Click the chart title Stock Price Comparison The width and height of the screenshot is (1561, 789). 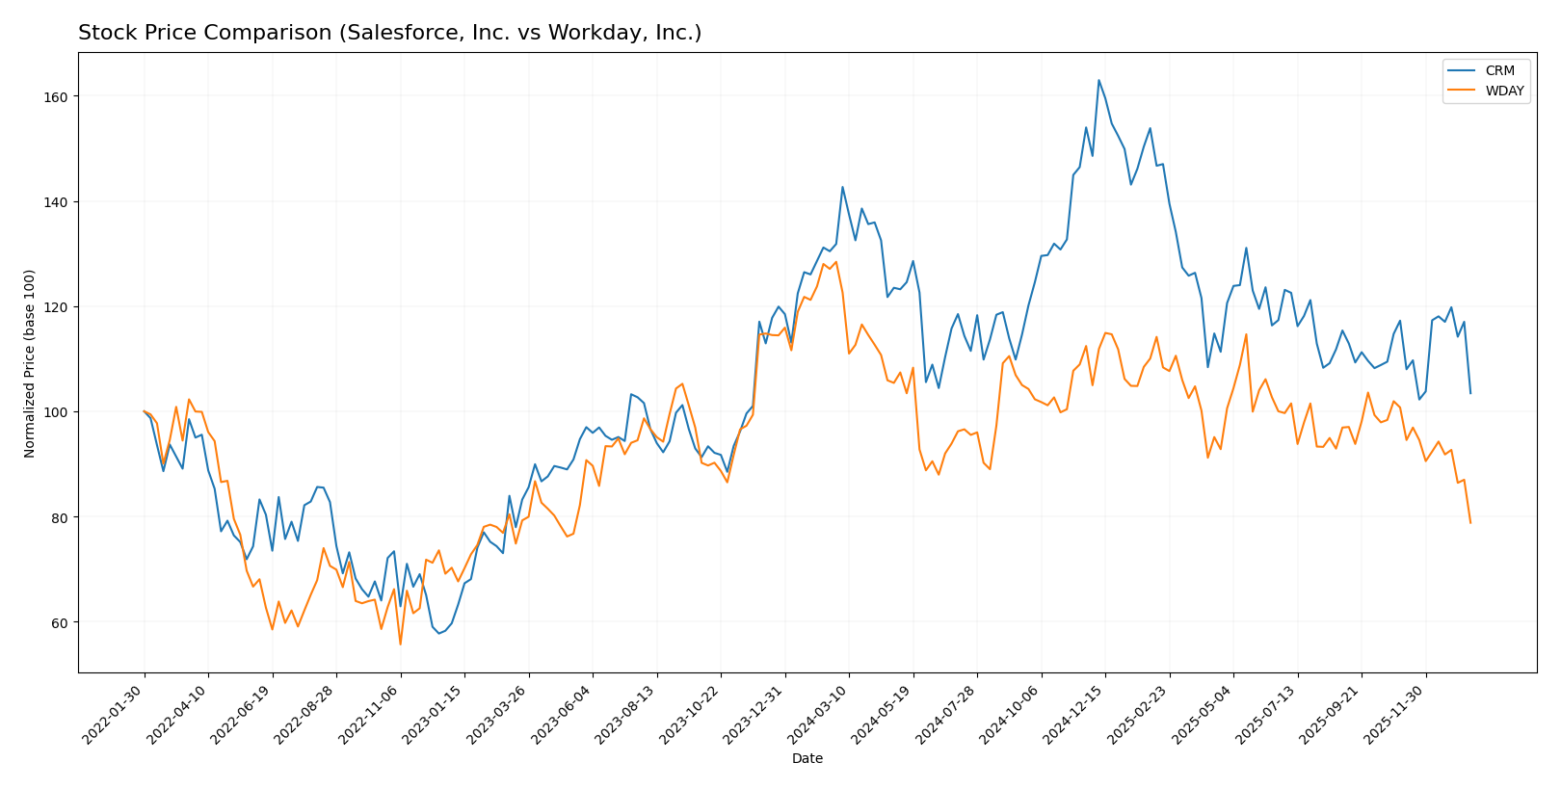click(389, 34)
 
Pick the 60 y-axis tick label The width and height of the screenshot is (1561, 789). click(60, 622)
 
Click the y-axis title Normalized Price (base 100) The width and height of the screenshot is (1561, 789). click(30, 364)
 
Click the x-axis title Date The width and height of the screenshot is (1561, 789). click(807, 759)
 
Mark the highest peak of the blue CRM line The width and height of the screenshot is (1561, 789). click(1098, 80)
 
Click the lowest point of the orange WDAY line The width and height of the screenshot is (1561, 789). click(400, 644)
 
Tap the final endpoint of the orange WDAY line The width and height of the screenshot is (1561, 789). click(1470, 523)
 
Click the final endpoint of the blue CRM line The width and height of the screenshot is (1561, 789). click(1470, 393)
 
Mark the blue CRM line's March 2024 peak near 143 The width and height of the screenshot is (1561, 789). click(842, 187)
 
